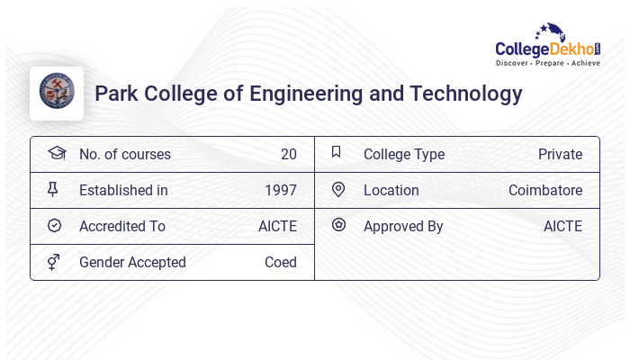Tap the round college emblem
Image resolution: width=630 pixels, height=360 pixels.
point(57,93)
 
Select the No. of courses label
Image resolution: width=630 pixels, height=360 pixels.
point(124,154)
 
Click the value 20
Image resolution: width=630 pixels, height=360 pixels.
point(288,154)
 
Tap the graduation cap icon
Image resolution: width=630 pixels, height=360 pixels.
point(57,153)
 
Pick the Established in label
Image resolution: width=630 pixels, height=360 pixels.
point(123,190)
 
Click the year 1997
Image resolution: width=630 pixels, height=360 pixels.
point(280,190)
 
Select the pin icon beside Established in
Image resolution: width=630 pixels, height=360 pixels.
point(53,189)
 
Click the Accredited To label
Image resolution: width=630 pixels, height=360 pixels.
point(122,226)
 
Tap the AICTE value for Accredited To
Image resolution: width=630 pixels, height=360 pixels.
point(277,226)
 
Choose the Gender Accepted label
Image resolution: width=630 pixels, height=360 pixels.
point(132,262)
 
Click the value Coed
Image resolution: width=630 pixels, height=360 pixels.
point(280,262)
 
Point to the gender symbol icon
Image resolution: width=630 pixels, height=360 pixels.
point(53,262)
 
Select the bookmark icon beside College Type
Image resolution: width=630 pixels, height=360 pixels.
point(337,152)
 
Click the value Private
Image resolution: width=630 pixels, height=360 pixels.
point(560,154)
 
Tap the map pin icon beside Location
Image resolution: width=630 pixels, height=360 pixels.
point(338,189)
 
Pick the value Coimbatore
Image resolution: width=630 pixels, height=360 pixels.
point(545,190)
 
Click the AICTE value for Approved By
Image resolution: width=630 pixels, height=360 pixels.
point(562,226)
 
